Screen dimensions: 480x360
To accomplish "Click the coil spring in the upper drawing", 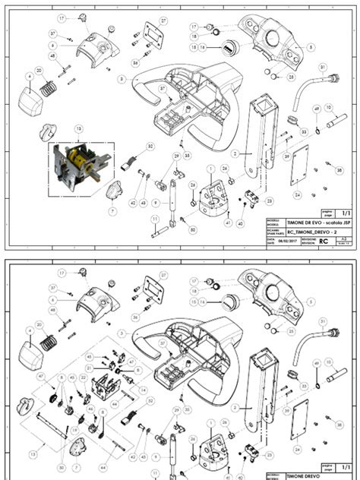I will pos(48,87).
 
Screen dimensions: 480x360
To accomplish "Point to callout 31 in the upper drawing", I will pos(323,68).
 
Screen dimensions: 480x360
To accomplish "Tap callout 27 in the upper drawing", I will pos(163,21).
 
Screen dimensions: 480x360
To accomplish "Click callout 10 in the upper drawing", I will pos(328,107).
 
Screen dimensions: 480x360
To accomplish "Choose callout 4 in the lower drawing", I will pos(29,331).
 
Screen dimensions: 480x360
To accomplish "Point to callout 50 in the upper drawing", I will pos(192,229).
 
